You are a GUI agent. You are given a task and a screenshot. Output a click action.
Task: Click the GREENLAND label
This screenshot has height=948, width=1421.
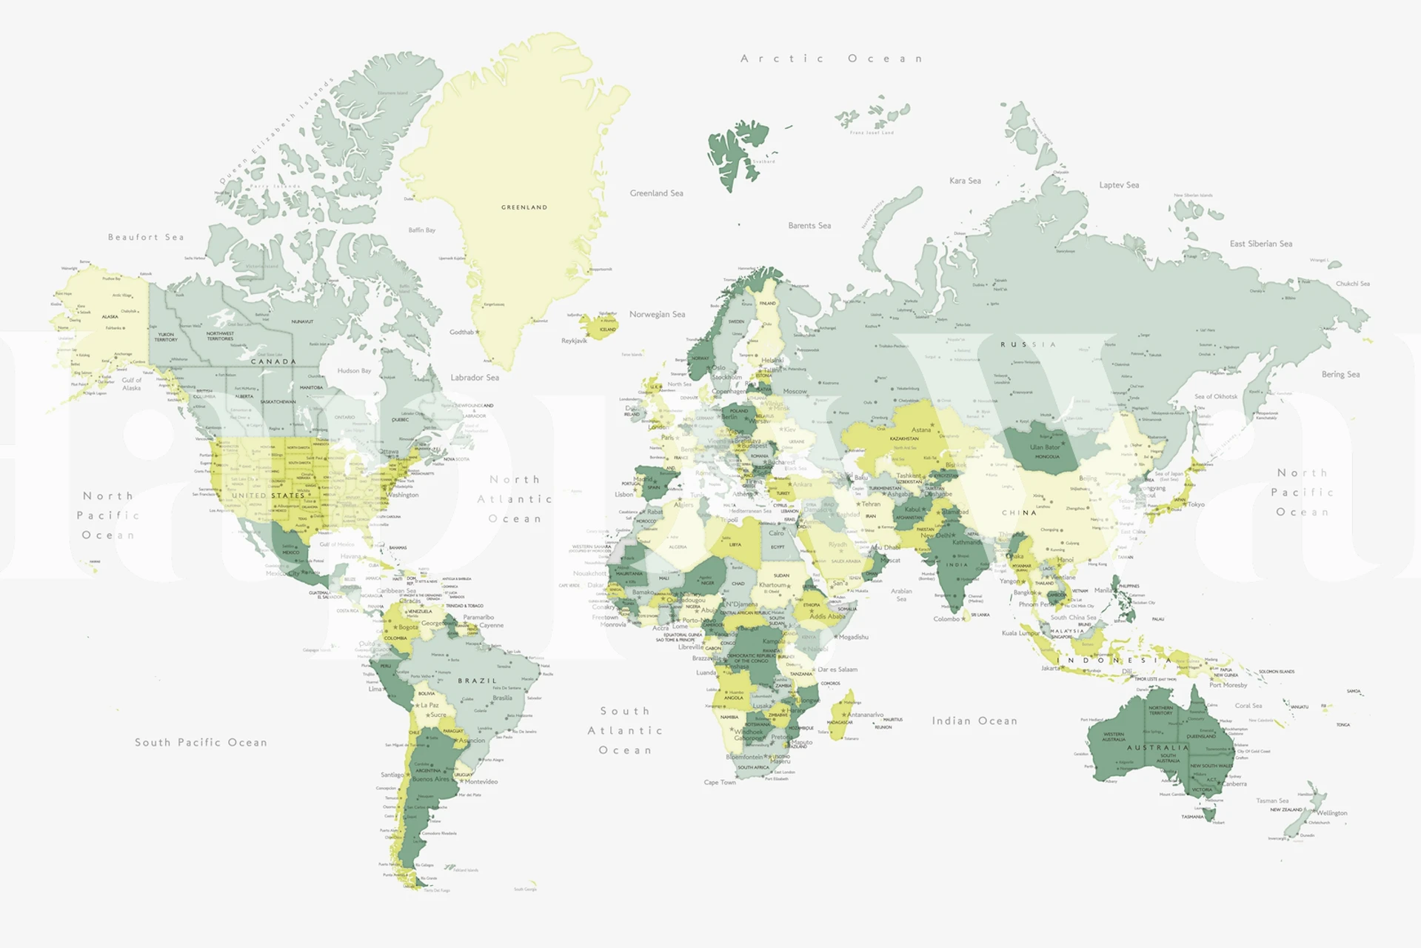524,207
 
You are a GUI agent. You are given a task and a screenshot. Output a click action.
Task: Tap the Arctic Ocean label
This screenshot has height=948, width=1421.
832,59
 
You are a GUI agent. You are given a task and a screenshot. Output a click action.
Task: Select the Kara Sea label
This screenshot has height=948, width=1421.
965,181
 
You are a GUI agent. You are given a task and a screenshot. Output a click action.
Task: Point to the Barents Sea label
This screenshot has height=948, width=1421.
809,226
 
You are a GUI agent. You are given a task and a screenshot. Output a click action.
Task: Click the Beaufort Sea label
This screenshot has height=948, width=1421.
146,238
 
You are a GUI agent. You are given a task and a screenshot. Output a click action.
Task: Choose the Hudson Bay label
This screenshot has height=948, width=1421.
354,371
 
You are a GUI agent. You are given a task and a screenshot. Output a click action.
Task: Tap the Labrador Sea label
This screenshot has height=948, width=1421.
475,378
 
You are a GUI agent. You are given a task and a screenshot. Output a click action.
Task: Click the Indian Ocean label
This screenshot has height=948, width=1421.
974,721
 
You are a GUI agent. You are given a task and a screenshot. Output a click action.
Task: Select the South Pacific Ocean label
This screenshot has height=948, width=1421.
201,742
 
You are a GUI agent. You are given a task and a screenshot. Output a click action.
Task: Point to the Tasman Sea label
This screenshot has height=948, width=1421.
1272,801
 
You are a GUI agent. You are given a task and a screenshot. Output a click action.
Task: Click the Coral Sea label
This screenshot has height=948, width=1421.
1248,706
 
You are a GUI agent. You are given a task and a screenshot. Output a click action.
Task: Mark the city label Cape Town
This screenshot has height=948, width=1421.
720,782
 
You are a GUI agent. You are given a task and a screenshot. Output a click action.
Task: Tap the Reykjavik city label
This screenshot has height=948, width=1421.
574,341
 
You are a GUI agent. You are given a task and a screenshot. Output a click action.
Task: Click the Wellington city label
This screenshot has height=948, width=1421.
1332,813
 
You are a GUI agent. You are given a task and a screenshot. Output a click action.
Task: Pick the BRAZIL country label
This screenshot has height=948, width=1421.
477,681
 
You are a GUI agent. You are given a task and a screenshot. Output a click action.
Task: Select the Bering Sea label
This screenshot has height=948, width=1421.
1340,375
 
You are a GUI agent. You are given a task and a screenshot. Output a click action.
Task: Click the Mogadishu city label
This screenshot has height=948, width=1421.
853,637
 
